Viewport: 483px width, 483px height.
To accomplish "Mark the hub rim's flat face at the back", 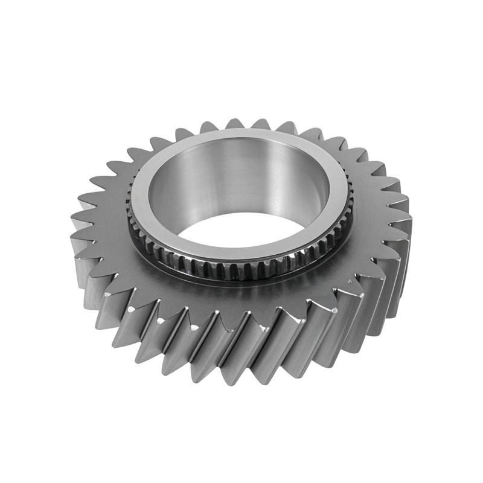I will pos(241,134).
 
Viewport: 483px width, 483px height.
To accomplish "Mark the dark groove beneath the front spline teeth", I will pos(241,280).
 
